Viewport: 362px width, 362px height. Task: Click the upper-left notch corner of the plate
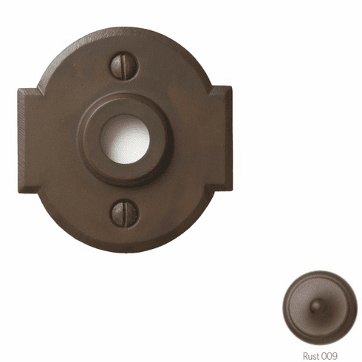coord(38,88)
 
